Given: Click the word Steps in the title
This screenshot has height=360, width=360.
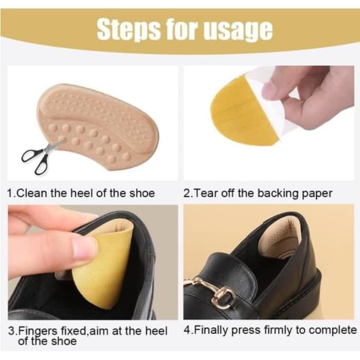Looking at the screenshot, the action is (128, 29).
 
